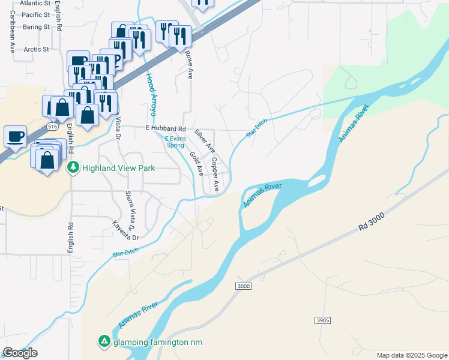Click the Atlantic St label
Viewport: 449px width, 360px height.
pos(35,3)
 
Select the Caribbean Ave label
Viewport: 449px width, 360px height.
pos(11,35)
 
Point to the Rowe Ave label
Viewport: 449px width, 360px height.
pos(190,65)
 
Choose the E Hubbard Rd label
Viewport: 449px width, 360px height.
pos(166,128)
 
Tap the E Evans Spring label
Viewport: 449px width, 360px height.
pos(175,142)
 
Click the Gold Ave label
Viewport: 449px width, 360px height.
pos(196,163)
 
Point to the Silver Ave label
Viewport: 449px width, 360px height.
pos(205,142)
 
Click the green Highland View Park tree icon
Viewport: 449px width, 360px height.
pos(73,167)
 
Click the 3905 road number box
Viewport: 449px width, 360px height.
pos(322,321)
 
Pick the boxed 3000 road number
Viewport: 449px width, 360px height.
pos(243,286)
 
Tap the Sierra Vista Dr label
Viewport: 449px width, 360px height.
pos(130,206)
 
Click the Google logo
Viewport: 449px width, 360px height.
pos(20,353)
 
